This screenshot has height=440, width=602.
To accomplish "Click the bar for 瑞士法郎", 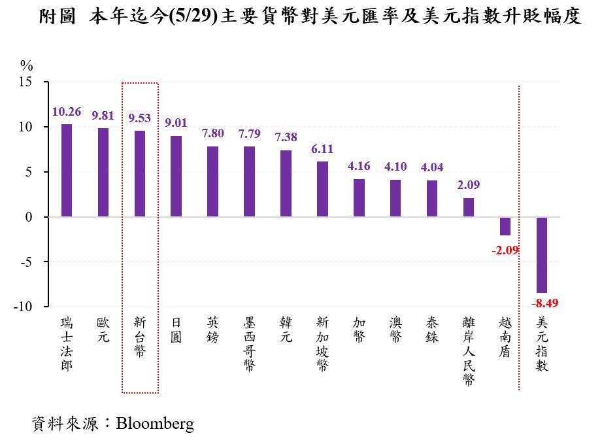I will [67, 170].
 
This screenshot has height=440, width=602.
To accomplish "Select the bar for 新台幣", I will [140, 173].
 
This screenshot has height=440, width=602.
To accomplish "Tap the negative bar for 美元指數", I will [542, 255].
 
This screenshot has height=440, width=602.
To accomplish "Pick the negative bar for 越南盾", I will [505, 226].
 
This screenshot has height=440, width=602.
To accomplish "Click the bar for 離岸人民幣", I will [469, 207].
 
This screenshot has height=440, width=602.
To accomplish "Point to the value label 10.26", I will [67, 112].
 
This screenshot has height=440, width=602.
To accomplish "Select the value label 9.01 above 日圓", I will [176, 123].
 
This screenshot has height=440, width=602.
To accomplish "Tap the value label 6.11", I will [322, 149].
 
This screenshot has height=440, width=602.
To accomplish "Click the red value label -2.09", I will [505, 248].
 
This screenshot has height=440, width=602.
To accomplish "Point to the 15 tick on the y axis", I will [25, 82].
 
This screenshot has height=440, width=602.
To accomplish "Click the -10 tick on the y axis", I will [24, 307].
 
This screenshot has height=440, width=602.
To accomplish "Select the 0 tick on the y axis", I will [29, 217].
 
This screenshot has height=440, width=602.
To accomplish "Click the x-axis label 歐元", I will [103, 330].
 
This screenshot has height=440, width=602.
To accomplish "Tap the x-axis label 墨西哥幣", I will [249, 345].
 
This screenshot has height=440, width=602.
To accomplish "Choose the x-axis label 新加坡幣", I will [322, 345].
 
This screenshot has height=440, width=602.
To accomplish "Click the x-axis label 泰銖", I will [432, 330].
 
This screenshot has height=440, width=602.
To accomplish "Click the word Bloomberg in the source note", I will [155, 424].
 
